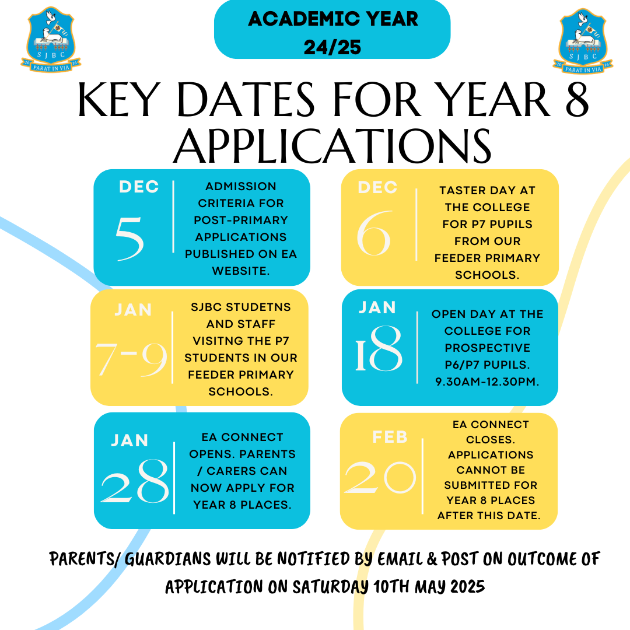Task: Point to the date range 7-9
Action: pyautogui.click(x=132, y=358)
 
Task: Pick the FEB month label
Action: pyautogui.click(x=390, y=436)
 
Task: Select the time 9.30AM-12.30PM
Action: pyautogui.click(x=487, y=381)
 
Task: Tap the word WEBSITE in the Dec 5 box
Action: pyautogui.click(x=241, y=271)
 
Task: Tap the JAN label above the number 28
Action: pyautogui.click(x=129, y=440)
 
